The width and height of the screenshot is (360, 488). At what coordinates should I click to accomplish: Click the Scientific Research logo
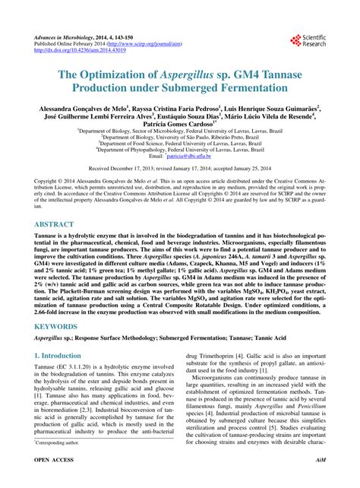pyautogui.click(x=305, y=41)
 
